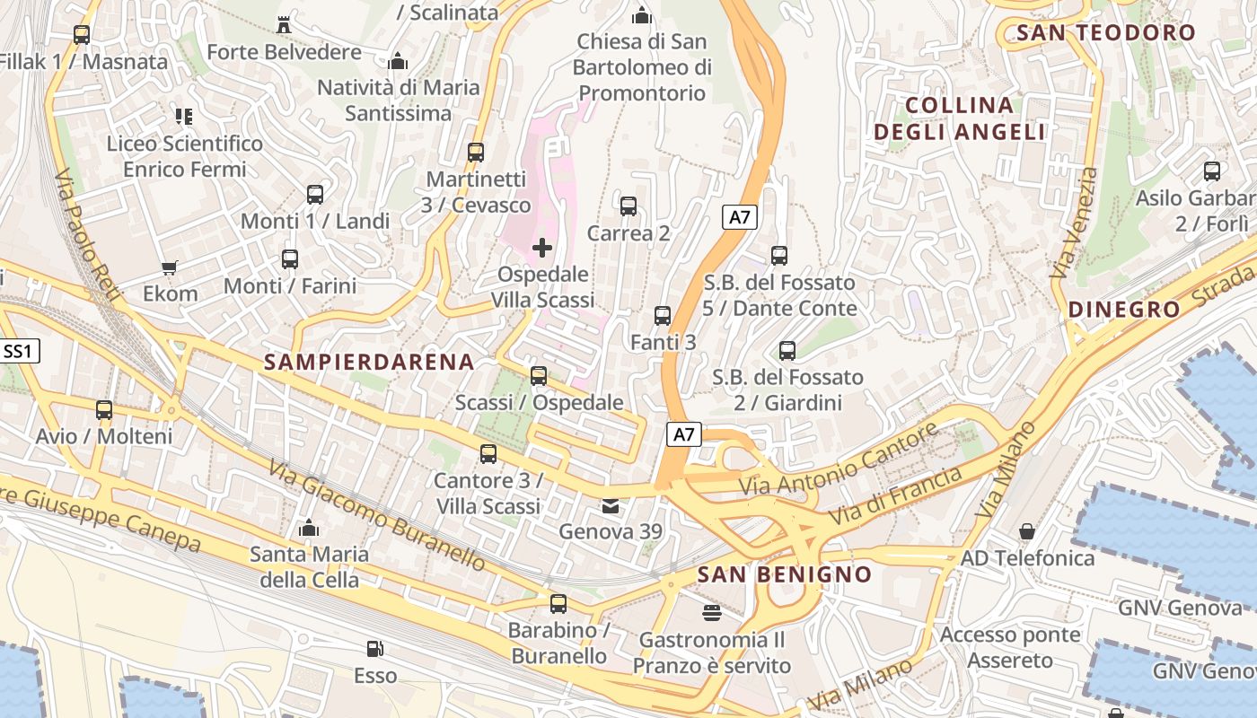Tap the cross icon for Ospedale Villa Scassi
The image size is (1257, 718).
tap(542, 247)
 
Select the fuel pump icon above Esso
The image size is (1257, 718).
tap(374, 648)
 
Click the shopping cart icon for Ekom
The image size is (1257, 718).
tap(170, 267)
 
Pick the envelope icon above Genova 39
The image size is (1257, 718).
tap(611, 506)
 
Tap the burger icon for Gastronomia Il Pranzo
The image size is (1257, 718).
tap(712, 613)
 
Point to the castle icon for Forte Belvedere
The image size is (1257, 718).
tap(284, 24)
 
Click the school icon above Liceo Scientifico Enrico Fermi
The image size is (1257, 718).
tap(184, 116)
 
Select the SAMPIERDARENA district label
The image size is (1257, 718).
tap(369, 362)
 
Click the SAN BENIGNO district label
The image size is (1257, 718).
tap(784, 574)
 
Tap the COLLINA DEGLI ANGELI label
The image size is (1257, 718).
tap(959, 118)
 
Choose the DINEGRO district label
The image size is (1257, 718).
tap(1124, 311)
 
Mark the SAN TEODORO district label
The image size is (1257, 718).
tap(1105, 33)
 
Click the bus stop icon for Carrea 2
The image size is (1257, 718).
tap(628, 206)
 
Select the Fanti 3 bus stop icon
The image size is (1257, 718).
tap(663, 316)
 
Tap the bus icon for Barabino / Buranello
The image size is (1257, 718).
tap(558, 603)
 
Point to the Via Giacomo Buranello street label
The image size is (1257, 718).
tap(377, 515)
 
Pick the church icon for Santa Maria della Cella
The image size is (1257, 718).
tap(309, 528)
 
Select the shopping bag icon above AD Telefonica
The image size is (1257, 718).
tap(1027, 531)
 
